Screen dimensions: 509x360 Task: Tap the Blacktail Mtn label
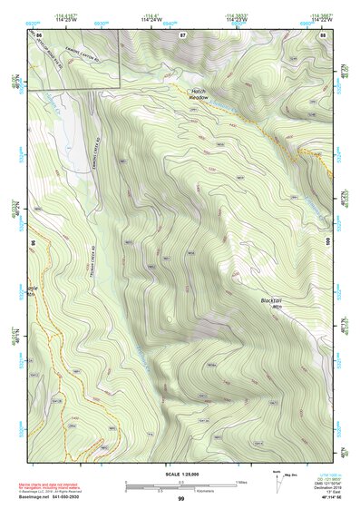click(271, 304)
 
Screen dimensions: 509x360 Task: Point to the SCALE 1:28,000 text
click(180, 474)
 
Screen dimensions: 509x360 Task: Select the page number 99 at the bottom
click(180, 498)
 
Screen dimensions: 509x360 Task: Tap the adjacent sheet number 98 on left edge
click(33, 242)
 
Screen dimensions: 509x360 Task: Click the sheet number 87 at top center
click(182, 34)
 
